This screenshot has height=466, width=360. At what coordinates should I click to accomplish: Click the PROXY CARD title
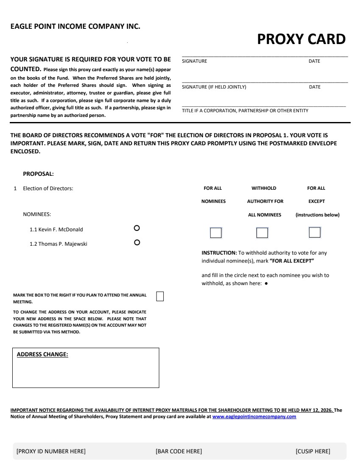(x=301, y=39)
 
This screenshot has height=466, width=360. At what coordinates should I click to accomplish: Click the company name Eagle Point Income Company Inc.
(x=75, y=26)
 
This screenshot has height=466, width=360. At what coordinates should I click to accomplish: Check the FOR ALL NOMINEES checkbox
(x=216, y=233)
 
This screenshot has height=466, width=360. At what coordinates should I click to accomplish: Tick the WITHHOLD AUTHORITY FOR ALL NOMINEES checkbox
(x=262, y=233)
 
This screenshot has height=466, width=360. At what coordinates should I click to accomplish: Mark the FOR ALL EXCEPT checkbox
(x=315, y=233)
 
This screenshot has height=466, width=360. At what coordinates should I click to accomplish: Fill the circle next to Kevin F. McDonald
(x=137, y=228)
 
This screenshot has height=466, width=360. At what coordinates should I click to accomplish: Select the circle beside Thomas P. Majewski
(x=137, y=243)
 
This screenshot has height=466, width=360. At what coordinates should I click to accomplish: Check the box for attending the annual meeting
(x=160, y=296)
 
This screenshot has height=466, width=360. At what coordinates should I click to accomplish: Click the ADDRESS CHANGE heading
(x=42, y=354)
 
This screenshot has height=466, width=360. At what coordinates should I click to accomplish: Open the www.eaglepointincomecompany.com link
(x=254, y=417)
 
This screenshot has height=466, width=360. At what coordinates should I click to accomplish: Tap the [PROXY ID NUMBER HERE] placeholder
(x=51, y=451)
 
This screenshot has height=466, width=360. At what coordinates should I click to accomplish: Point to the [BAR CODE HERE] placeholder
(x=179, y=451)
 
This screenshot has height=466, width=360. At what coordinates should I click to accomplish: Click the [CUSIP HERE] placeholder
(x=313, y=451)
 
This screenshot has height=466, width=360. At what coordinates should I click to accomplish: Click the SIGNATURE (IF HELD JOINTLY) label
(x=214, y=87)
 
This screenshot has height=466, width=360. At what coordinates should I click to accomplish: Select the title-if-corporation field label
(x=245, y=111)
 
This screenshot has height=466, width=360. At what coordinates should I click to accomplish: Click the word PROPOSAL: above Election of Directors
(x=38, y=174)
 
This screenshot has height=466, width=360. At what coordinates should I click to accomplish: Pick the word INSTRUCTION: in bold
(x=219, y=253)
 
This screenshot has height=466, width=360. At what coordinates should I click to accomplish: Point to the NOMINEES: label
(x=37, y=215)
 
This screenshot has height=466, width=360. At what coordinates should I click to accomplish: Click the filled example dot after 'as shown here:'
(x=266, y=284)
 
